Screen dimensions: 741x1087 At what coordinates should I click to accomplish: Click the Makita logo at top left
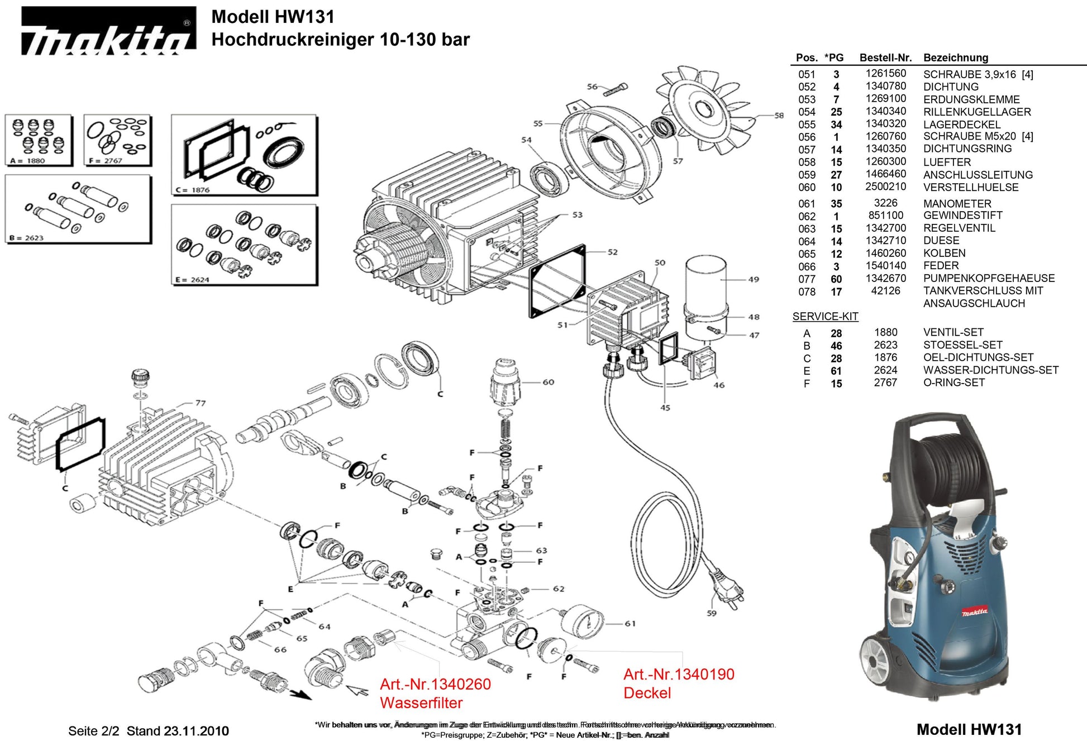pyautogui.click(x=108, y=31)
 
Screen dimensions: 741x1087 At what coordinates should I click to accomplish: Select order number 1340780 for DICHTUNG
pyautogui.click(x=885, y=86)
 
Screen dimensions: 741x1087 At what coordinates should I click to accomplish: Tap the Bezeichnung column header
pyautogui.click(x=955, y=58)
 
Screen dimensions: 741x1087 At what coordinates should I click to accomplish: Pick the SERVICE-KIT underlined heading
pyautogui.click(x=825, y=317)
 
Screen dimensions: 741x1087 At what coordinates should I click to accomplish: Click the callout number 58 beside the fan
pyautogui.click(x=779, y=116)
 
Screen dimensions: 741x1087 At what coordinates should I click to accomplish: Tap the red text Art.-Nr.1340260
pyautogui.click(x=435, y=684)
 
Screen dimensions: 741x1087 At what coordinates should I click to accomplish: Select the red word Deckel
pyautogui.click(x=647, y=693)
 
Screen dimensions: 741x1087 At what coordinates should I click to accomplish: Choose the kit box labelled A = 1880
pyautogui.click(x=39, y=140)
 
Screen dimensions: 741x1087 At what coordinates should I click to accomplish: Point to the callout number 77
pyautogui.click(x=201, y=403)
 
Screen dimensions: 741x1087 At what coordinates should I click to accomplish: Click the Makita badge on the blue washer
pyautogui.click(x=975, y=612)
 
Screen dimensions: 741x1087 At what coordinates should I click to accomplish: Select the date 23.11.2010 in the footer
pyautogui.click(x=196, y=731)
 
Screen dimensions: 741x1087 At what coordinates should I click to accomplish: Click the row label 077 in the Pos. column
pyautogui.click(x=807, y=279)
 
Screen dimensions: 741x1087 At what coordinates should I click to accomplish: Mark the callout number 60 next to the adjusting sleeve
pyautogui.click(x=548, y=383)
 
